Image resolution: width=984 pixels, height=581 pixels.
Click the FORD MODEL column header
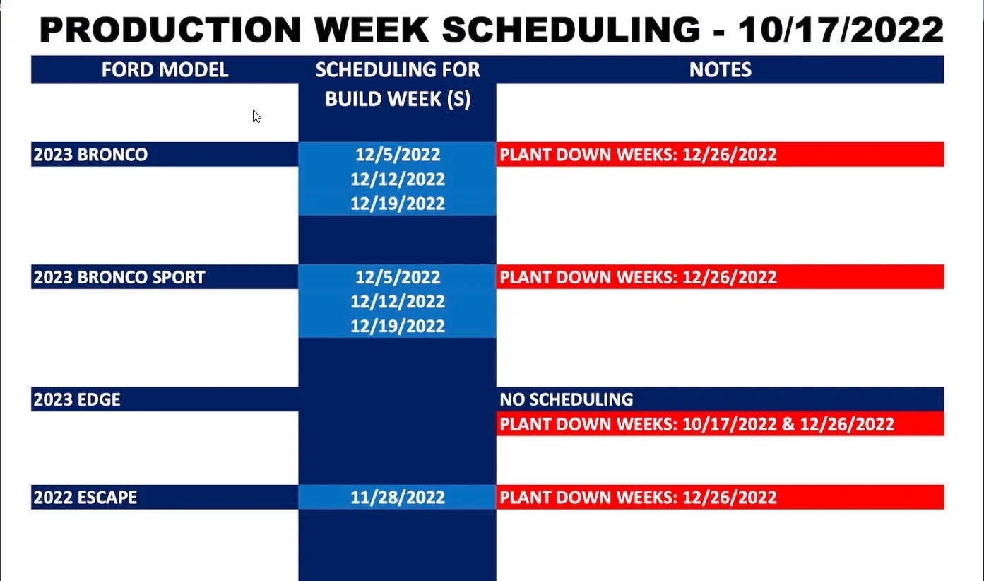[x=165, y=69]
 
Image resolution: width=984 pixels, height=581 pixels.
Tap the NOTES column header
[x=720, y=69]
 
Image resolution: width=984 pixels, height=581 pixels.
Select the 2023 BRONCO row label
[x=90, y=154]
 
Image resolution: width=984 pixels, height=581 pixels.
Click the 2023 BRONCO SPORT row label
[x=119, y=277]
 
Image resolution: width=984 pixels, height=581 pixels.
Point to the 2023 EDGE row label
[x=77, y=399]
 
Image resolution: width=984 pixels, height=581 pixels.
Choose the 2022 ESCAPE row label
[x=85, y=498]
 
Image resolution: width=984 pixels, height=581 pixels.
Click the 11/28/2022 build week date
[x=398, y=498]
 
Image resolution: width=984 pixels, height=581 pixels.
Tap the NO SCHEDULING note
[x=567, y=399]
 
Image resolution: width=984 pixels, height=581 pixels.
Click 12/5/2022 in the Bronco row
[x=398, y=154]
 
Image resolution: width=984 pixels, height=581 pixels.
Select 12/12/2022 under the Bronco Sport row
[x=398, y=302]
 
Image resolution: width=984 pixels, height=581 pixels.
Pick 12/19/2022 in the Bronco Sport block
[x=398, y=326]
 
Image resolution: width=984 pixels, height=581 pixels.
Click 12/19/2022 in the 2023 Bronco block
[x=398, y=204]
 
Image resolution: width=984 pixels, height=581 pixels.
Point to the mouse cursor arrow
[x=256, y=117]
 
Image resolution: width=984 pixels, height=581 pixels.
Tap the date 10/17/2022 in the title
[x=841, y=30]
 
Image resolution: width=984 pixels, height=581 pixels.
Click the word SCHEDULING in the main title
[x=571, y=30]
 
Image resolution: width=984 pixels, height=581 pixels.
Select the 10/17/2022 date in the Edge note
[x=729, y=424]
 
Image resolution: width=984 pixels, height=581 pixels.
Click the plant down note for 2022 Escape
[x=638, y=498]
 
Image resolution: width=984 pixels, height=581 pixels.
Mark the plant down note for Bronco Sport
[x=638, y=277]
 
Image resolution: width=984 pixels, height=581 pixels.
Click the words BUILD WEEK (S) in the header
[x=398, y=99]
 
